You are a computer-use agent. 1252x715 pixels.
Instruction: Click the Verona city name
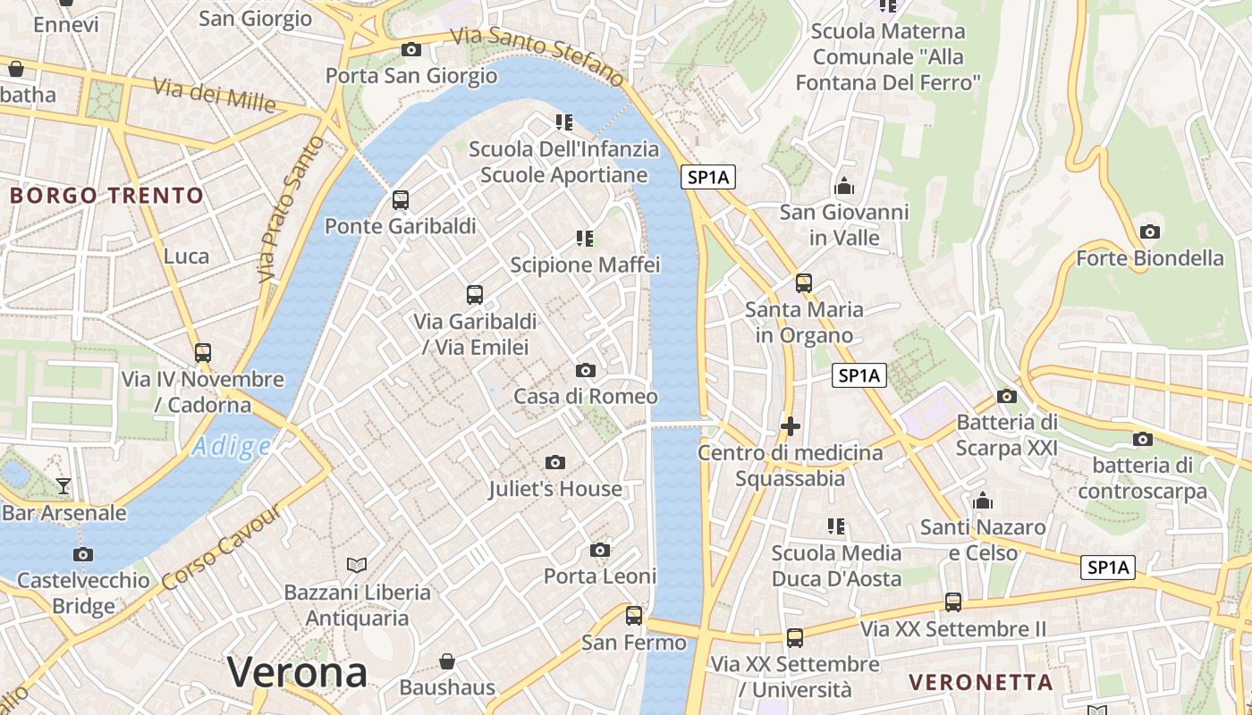(x=297, y=672)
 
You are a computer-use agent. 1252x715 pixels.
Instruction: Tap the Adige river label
(x=231, y=446)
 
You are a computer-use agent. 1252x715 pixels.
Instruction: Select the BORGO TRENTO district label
(x=106, y=195)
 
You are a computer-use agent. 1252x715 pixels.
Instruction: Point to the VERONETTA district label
(x=981, y=682)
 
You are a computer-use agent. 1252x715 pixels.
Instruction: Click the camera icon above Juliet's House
(x=555, y=462)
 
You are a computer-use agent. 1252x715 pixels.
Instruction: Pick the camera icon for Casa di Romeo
(x=585, y=370)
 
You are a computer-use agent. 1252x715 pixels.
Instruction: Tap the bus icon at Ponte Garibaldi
(x=401, y=200)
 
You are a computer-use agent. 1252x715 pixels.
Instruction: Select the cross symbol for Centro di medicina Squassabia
(x=790, y=426)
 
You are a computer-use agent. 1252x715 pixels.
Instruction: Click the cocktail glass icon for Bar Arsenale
(x=63, y=486)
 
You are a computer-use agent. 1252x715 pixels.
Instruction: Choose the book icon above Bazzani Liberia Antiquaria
(x=357, y=565)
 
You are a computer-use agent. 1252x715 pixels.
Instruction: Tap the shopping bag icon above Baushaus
(x=447, y=661)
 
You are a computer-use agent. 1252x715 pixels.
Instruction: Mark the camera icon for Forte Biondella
(x=1150, y=232)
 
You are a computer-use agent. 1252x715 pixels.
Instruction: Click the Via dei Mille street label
(x=215, y=95)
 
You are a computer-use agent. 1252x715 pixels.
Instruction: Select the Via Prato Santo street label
(x=290, y=209)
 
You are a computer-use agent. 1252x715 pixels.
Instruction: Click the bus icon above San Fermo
(x=634, y=615)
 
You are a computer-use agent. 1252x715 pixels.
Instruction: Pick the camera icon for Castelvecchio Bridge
(x=83, y=554)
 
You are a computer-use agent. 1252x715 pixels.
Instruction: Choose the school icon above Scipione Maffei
(x=585, y=238)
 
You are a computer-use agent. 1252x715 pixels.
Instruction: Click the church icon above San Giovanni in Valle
(x=843, y=187)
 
